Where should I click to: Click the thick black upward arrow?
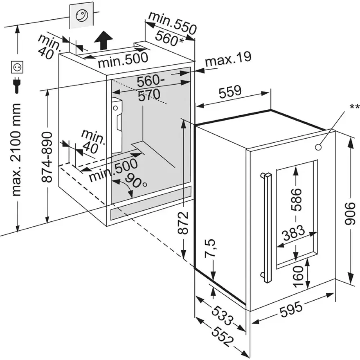point(103,40)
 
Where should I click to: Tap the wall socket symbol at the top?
point(82,15)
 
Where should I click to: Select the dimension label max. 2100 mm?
point(17,149)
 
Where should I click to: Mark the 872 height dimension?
point(184,223)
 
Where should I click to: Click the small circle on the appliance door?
point(318,147)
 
